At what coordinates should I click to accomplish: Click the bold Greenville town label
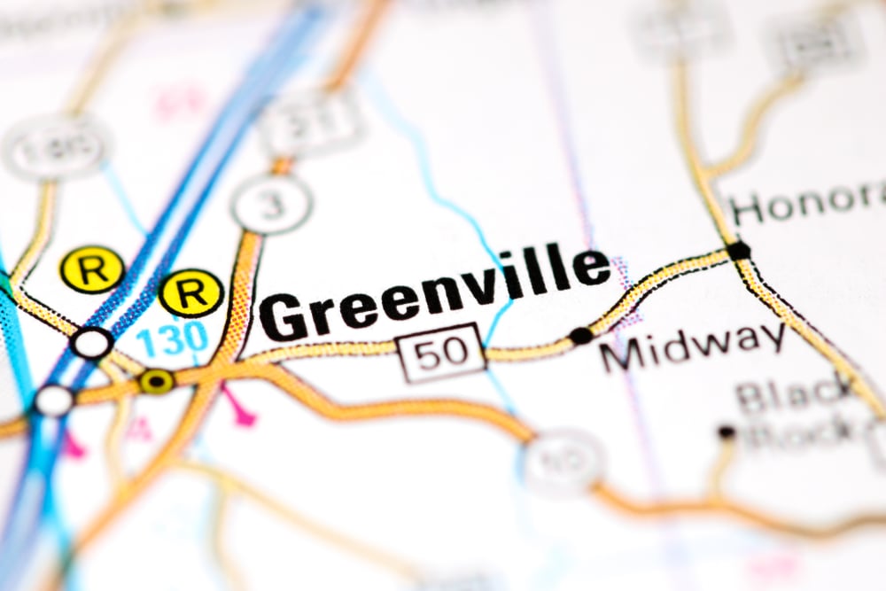(x=434, y=293)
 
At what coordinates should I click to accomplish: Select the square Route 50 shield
(x=443, y=352)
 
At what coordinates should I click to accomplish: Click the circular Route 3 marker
(x=271, y=203)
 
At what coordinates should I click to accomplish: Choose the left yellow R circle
(x=91, y=269)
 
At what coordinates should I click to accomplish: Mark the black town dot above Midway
(x=581, y=336)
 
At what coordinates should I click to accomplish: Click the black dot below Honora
(x=737, y=251)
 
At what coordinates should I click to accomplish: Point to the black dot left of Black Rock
(x=727, y=432)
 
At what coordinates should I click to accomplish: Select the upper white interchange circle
(x=92, y=343)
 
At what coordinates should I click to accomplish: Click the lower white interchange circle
(x=53, y=400)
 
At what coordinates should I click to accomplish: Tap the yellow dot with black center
(x=157, y=382)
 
